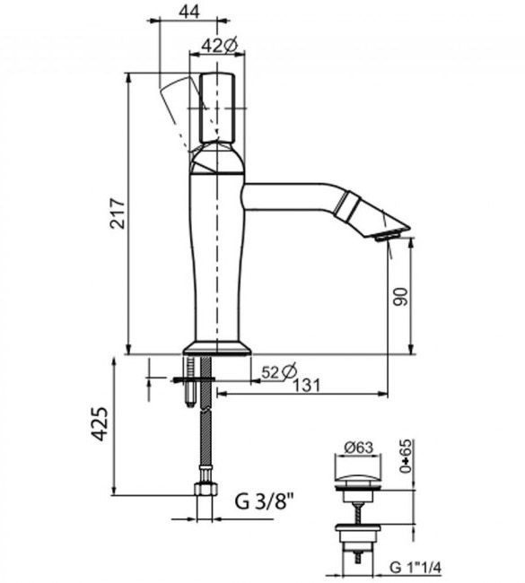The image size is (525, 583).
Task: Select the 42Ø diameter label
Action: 220,46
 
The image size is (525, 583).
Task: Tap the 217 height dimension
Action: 118,213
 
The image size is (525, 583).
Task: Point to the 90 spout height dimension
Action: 401,296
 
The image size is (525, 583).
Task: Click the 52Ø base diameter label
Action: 279,371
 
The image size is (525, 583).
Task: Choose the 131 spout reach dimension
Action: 306,386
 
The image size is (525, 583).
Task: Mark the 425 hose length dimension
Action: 100,424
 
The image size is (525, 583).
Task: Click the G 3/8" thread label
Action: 264,501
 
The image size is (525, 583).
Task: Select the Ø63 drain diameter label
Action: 358,447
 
